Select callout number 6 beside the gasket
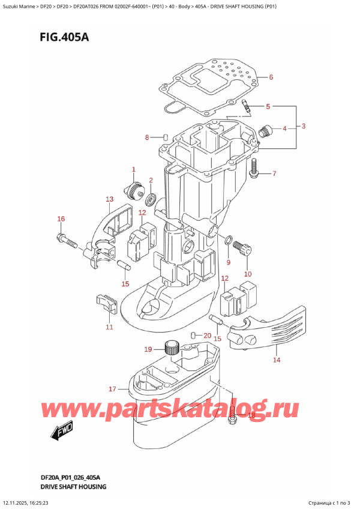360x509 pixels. pos(271,77)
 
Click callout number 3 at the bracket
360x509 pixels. pos(304,126)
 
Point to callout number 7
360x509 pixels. pos(274,174)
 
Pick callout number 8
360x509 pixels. pos(147,138)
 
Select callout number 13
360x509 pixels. pos(109,199)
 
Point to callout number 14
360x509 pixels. pos(277,360)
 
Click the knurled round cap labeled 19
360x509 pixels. pos(172,348)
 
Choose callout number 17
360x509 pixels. pos(112,389)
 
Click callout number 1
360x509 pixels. pos(134,170)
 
